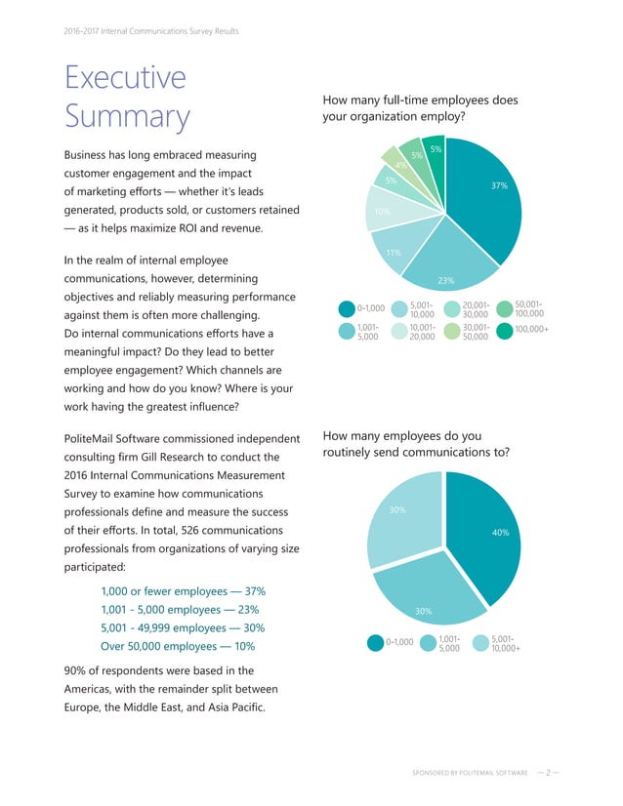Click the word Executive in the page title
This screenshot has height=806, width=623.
pos(124,77)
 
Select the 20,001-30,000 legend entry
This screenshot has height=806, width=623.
pos(469,308)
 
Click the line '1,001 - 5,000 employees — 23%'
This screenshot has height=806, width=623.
pos(183,609)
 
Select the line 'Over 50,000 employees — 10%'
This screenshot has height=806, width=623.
pos(178,646)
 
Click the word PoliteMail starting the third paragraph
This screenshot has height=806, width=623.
pos(94,437)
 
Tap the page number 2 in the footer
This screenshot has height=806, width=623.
pos(550,771)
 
